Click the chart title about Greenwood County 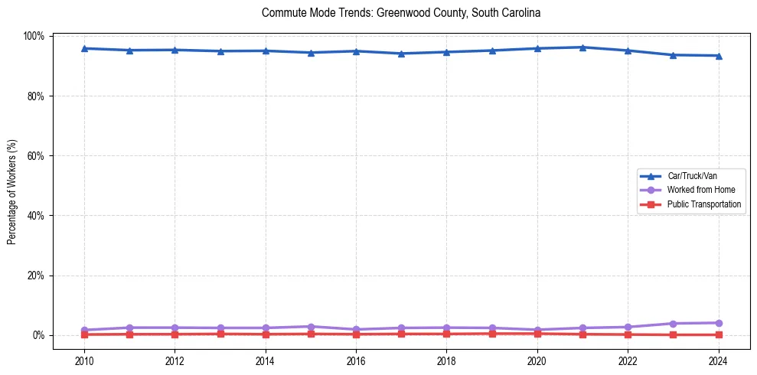pyautogui.click(x=401, y=13)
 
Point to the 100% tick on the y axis pyautogui.click(x=36, y=36)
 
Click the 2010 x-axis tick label pyautogui.click(x=84, y=360)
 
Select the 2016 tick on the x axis pyautogui.click(x=356, y=360)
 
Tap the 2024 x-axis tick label pyautogui.click(x=719, y=360)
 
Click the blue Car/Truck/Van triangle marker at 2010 pyautogui.click(x=84, y=48)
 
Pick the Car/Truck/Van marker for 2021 pyautogui.click(x=582, y=47)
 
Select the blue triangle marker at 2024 pyautogui.click(x=719, y=56)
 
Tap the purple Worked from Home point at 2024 pyautogui.click(x=719, y=323)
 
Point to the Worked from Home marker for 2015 pyautogui.click(x=311, y=327)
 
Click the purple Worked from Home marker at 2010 pyautogui.click(x=84, y=330)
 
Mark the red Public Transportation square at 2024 pyautogui.click(x=719, y=334)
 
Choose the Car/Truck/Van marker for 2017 pyautogui.click(x=401, y=54)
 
